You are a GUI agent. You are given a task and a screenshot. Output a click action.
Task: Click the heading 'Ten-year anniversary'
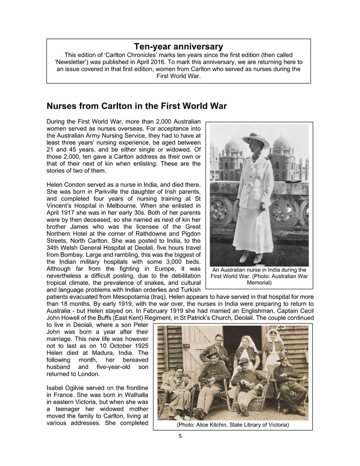179,47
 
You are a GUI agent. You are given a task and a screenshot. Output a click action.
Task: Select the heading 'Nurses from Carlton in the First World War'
137,106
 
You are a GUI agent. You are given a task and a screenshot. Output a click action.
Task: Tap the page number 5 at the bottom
180,436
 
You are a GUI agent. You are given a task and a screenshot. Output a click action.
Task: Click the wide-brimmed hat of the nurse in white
256,139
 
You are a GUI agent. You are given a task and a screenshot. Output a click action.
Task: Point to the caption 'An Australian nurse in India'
259,270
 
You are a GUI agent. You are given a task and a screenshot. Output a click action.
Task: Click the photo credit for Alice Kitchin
233,425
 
